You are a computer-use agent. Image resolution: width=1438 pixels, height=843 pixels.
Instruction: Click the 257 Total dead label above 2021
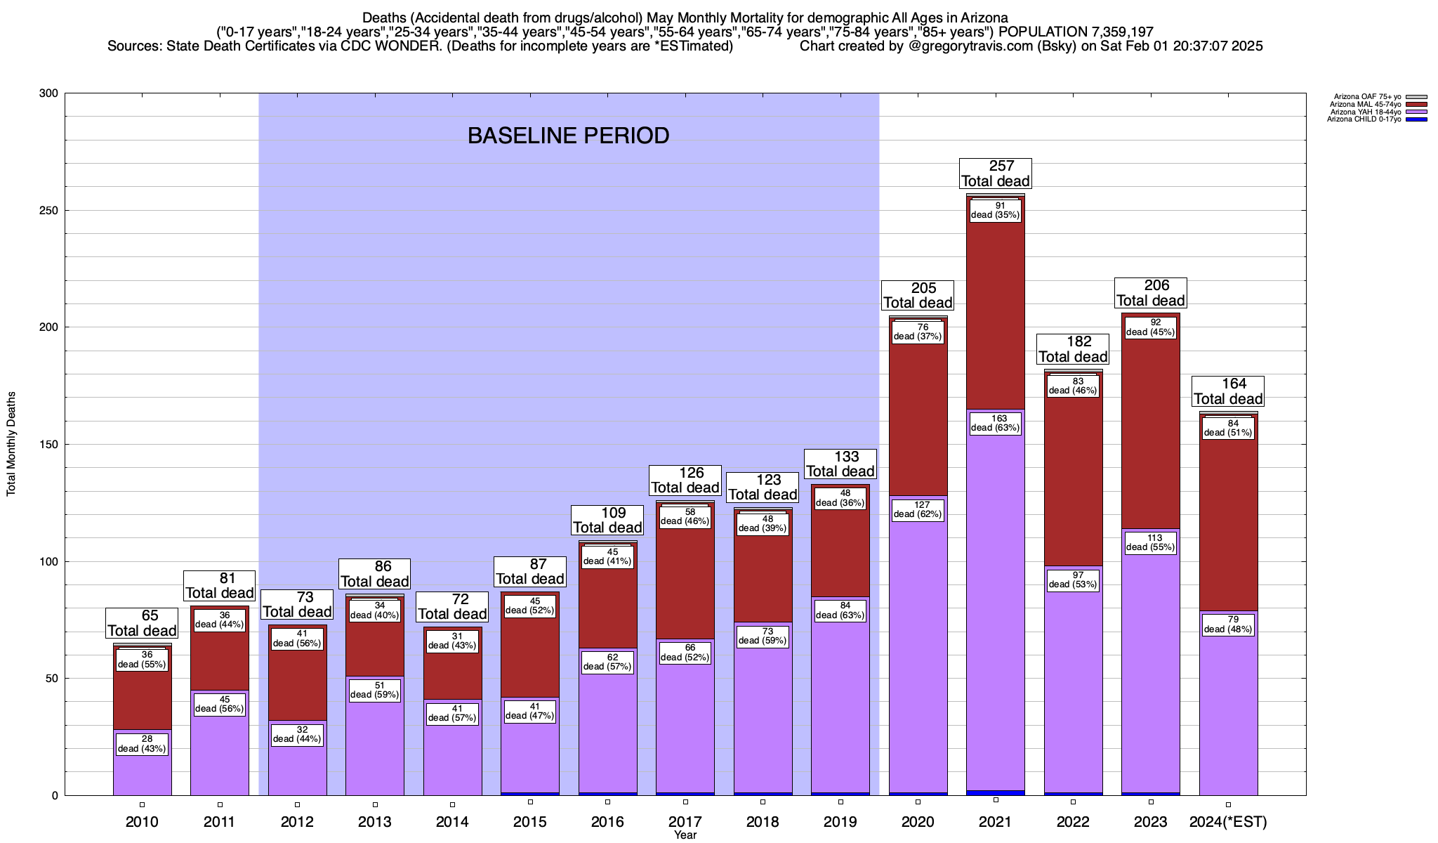tap(996, 174)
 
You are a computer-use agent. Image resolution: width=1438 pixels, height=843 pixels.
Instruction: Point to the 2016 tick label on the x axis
tap(607, 822)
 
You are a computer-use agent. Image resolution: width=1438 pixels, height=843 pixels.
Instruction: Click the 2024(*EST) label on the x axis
tap(1228, 822)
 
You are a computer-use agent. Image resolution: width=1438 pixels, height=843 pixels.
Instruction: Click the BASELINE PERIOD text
tap(568, 136)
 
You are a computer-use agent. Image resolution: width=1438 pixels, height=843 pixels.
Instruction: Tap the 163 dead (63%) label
tap(996, 423)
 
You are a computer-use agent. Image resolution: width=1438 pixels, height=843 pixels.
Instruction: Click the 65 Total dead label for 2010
tap(142, 623)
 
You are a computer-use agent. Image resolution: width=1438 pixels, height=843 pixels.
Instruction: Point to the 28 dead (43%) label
tap(142, 744)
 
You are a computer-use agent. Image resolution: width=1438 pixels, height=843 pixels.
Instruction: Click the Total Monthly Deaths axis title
tap(11, 444)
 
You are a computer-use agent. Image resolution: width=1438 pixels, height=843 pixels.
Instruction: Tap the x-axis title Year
tap(685, 835)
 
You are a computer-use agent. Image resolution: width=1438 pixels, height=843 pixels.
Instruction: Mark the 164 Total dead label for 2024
tap(1228, 391)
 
